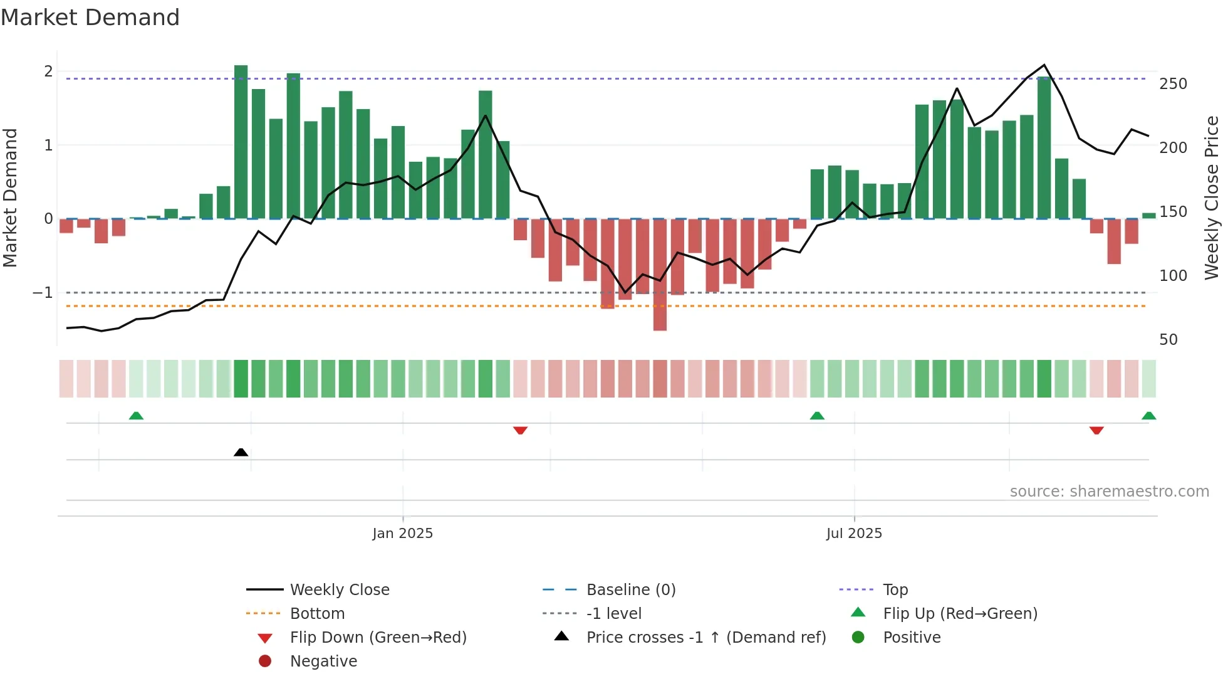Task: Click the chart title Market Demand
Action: point(90,18)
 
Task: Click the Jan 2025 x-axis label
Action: point(402,534)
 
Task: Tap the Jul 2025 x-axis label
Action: point(854,534)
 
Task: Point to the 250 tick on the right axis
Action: point(1173,84)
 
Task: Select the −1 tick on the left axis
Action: point(43,293)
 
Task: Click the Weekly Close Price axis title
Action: point(1212,198)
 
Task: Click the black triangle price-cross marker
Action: point(241,452)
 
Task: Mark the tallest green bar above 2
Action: point(241,141)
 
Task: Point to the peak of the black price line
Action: point(1044,65)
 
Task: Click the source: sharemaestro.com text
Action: point(1109,492)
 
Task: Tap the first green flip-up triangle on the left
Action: point(136,416)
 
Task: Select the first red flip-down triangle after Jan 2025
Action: point(520,430)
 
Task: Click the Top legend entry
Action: point(895,590)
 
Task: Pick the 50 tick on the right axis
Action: point(1168,340)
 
